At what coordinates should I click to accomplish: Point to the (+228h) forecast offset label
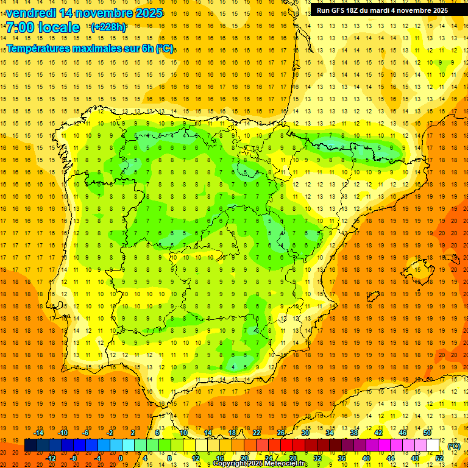coord(108,27)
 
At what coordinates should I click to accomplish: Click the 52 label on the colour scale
coord(439,458)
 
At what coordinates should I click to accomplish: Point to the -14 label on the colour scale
coord(39,433)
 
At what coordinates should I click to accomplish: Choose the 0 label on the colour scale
coord(121,458)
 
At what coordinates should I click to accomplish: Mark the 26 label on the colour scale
coord(281,433)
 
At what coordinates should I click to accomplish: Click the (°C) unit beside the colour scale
coord(453,445)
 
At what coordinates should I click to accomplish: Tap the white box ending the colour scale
coord(433,445)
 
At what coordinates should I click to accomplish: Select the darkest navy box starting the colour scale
coord(30,445)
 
